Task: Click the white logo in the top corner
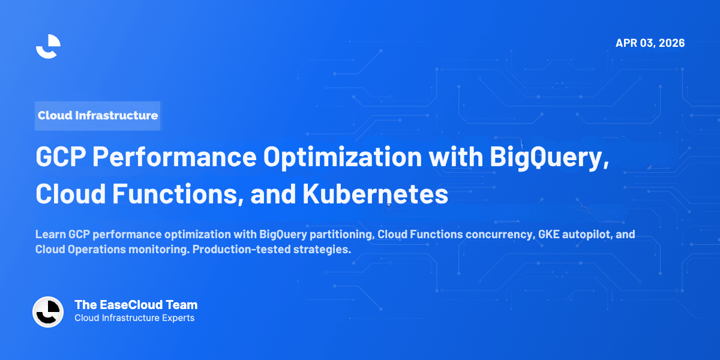[x=48, y=46]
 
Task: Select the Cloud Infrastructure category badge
[x=98, y=115]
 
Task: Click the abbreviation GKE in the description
[x=542, y=234]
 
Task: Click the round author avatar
[x=48, y=312]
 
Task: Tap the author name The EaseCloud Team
[x=136, y=305]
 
